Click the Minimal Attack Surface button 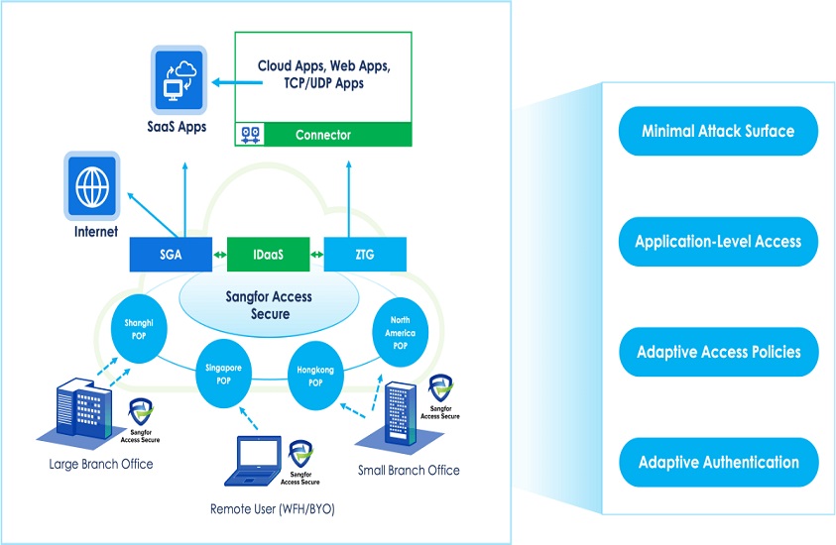[718, 131]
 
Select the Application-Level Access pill [718, 242]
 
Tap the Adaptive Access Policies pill [718, 352]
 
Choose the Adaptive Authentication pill [718, 463]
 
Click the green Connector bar [323, 135]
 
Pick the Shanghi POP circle [139, 328]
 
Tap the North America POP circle [401, 334]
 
